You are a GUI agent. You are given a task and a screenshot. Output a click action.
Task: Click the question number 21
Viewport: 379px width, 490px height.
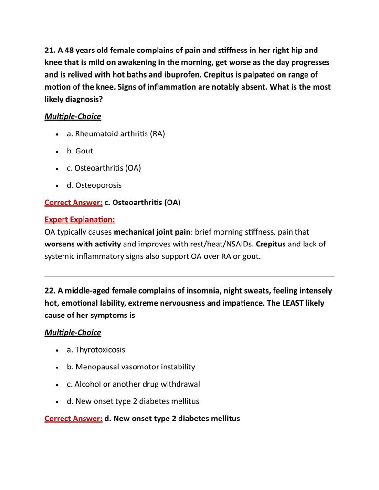[50, 51]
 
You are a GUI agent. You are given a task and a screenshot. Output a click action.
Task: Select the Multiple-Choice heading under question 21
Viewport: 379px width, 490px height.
[73, 116]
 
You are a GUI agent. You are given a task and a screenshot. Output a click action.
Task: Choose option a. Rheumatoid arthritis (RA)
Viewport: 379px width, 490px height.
[116, 134]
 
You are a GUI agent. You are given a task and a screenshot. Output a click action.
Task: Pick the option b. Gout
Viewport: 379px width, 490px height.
[80, 151]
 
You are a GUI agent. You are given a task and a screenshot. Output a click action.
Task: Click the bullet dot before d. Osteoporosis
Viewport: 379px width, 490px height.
[57, 186]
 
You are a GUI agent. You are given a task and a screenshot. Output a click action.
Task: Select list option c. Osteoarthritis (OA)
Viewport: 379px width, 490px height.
[104, 168]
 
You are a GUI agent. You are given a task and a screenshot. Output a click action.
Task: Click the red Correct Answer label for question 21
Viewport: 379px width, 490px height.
[73, 203]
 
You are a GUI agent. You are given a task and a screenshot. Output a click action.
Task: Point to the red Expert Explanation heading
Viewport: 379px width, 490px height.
[79, 220]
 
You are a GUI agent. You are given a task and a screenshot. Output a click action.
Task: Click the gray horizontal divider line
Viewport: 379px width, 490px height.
[189, 276]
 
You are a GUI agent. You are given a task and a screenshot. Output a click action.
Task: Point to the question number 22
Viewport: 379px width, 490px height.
[50, 291]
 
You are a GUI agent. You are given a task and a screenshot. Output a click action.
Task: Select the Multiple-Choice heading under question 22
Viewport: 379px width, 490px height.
[73, 332]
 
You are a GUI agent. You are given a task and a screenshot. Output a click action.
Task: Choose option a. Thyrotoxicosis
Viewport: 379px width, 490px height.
[95, 350]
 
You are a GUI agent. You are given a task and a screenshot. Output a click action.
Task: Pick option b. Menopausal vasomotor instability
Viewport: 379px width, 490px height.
[131, 367]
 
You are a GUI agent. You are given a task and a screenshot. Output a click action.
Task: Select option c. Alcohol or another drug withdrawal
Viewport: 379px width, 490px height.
[133, 384]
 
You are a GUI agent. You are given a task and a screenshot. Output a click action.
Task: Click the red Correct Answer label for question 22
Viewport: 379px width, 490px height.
[73, 419]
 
